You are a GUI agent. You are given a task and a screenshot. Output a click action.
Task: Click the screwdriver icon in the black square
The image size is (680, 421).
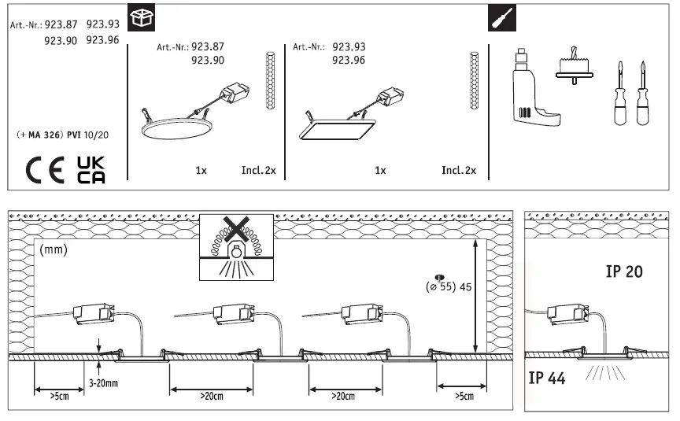tap(497, 18)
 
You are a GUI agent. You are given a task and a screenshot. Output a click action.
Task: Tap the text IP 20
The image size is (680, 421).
tap(625, 272)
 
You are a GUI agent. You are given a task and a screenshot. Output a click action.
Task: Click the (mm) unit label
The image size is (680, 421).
tap(53, 249)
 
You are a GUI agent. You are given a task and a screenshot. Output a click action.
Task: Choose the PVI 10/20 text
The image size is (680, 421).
tap(88, 135)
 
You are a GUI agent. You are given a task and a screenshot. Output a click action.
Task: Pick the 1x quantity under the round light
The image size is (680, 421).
tap(201, 170)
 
